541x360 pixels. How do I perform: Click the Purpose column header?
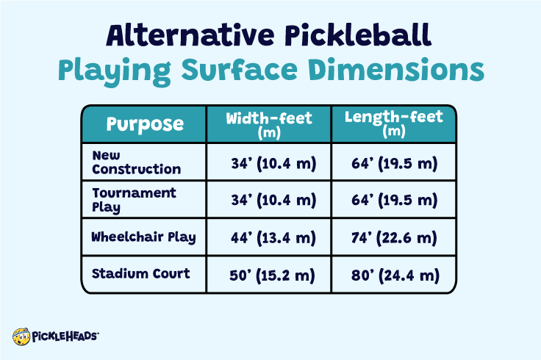pos(145,123)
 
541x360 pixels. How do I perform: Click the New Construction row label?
pos(136,162)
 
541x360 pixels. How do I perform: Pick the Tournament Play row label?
pos(135,199)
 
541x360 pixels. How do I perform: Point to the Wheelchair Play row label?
pos(143,237)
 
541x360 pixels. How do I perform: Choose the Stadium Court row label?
pos(140,274)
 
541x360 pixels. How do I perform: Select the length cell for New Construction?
pos(395,162)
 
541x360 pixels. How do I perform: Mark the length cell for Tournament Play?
pos(395,200)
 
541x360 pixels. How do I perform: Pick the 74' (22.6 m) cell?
pos(395,238)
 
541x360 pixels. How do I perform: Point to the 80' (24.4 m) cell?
pos(395,276)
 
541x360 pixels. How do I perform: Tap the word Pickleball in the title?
pos(371,36)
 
